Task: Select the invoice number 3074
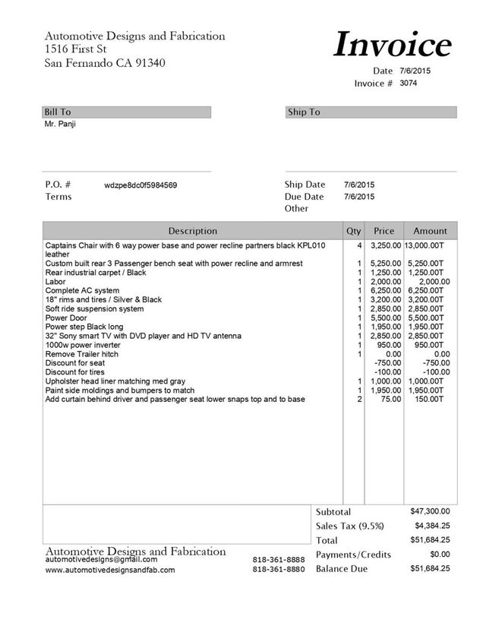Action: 409,83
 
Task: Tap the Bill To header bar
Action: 127,112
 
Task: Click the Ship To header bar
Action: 371,112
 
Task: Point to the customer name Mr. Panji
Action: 61,124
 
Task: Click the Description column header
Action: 192,230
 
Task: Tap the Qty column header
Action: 354,230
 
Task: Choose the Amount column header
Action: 431,230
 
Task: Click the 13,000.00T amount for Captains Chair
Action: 429,247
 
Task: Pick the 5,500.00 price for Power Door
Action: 386,318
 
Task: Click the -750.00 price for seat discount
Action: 388,363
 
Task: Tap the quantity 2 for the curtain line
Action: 358,399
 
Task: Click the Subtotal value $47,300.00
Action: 430,511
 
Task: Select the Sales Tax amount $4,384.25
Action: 432,526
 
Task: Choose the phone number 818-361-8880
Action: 279,569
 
